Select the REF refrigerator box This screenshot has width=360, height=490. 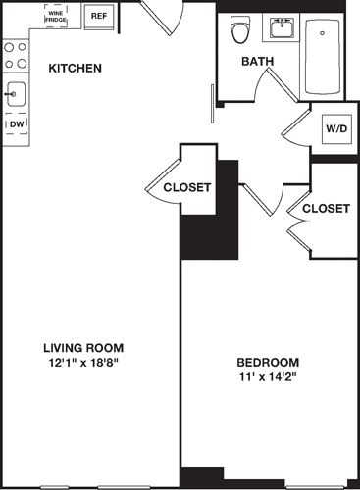(x=98, y=16)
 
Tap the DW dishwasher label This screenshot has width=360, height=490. (x=16, y=125)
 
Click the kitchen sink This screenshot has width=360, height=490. (x=15, y=95)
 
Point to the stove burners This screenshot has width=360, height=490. (x=15, y=55)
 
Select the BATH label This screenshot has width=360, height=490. (x=259, y=61)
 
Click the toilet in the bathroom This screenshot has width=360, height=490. (x=239, y=31)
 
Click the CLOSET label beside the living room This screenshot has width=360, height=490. (x=187, y=187)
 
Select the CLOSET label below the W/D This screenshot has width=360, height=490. (x=326, y=209)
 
